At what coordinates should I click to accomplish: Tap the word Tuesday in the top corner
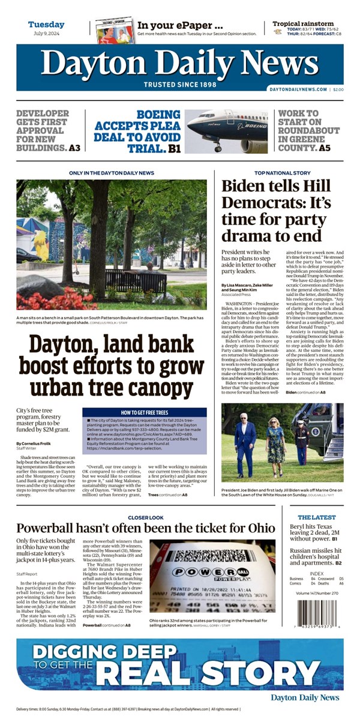tap(46, 25)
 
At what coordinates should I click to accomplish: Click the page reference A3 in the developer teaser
tap(74, 148)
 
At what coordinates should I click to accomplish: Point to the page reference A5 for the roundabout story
tap(324, 148)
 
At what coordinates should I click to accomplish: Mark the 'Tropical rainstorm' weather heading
tap(303, 24)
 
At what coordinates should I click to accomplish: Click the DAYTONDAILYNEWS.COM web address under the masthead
tap(298, 89)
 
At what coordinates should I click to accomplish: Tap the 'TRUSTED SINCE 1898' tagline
tap(180, 85)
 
